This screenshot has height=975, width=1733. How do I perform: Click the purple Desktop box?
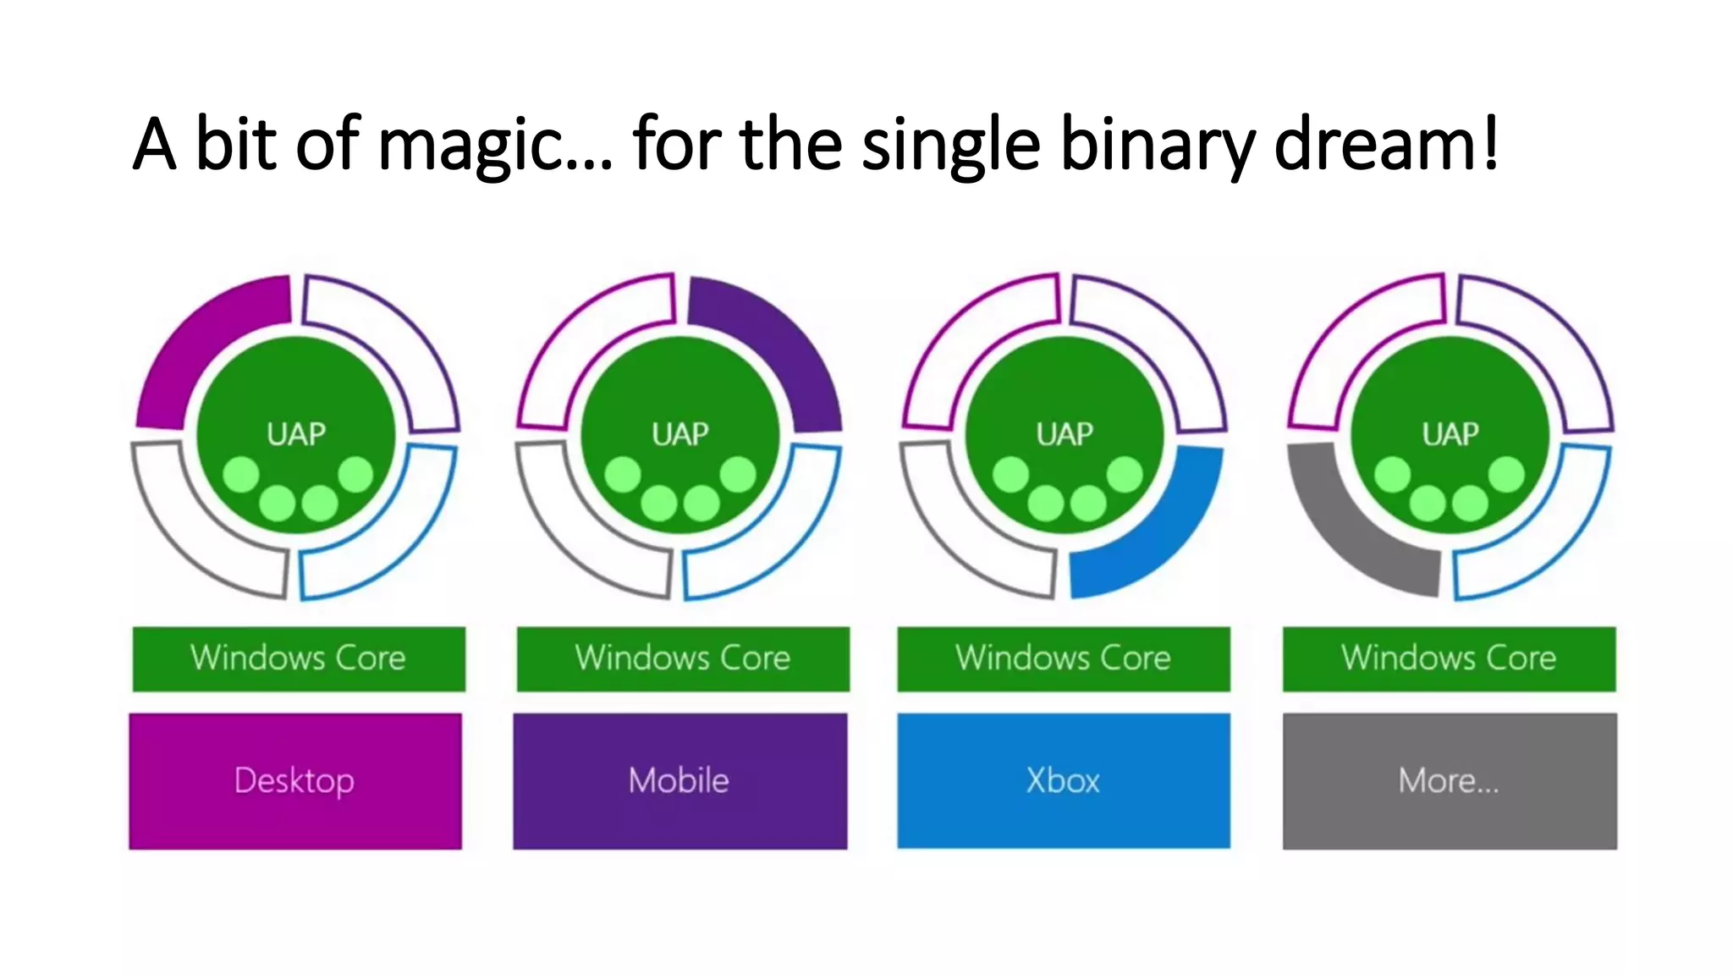[x=295, y=780]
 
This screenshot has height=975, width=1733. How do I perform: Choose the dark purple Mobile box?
[x=679, y=780]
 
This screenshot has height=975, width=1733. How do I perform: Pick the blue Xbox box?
[x=1064, y=780]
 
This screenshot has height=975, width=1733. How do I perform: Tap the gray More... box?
[x=1449, y=780]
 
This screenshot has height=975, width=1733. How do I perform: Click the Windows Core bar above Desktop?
[x=299, y=658]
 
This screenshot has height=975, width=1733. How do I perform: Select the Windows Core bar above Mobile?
[x=683, y=658]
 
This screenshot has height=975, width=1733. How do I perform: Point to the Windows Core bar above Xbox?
[x=1064, y=658]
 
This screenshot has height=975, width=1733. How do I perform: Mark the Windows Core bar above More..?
[x=1449, y=658]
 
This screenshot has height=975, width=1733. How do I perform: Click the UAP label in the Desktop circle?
[x=296, y=434]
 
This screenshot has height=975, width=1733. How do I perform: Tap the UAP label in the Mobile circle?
[x=680, y=434]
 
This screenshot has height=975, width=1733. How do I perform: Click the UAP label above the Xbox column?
[x=1065, y=434]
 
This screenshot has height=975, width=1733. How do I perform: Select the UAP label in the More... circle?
[x=1450, y=434]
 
